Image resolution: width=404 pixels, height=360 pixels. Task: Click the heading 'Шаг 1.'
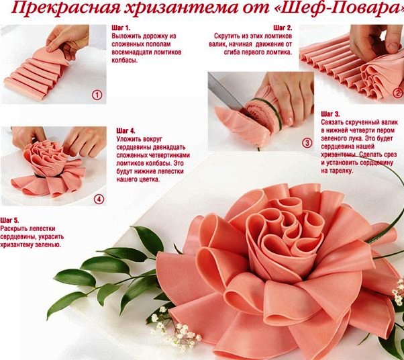pyautogui.click(x=121, y=28)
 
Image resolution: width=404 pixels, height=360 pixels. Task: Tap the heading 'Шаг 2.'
pyautogui.click(x=283, y=28)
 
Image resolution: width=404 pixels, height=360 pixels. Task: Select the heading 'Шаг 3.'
pyautogui.click(x=330, y=114)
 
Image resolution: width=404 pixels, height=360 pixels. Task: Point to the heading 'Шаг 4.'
pyautogui.click(x=125, y=131)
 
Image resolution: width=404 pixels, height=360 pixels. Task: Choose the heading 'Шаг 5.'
pyautogui.click(x=9, y=220)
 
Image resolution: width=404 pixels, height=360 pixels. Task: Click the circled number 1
pyautogui.click(x=97, y=95)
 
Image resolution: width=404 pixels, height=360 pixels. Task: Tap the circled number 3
pyautogui.click(x=307, y=143)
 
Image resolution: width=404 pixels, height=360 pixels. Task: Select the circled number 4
pyautogui.click(x=99, y=199)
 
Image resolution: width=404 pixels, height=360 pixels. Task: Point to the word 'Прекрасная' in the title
pyautogui.click(x=66, y=8)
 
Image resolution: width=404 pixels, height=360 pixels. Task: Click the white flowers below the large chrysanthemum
pyautogui.click(x=178, y=330)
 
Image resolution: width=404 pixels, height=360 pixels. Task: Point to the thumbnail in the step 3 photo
pyautogui.click(x=289, y=121)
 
